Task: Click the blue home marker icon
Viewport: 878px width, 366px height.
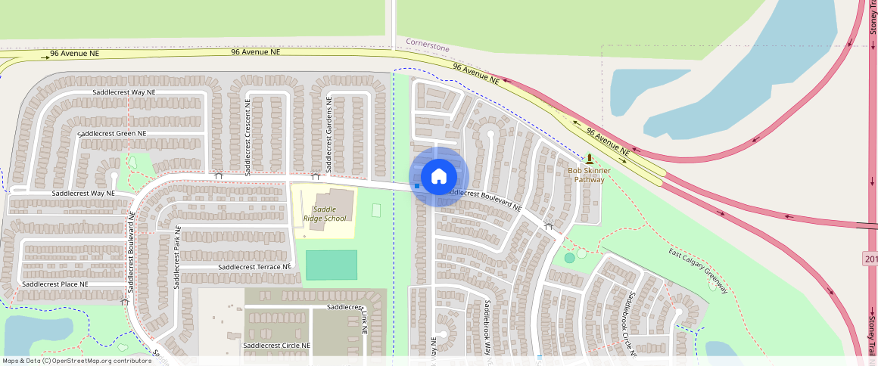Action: (x=438, y=177)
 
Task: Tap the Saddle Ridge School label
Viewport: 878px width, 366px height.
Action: (x=324, y=214)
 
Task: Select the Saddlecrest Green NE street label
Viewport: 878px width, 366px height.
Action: (x=112, y=133)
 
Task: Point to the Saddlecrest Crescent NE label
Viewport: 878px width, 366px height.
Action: (x=248, y=135)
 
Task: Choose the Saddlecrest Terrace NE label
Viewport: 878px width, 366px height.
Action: (x=254, y=267)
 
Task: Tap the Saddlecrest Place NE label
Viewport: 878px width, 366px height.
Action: (x=55, y=284)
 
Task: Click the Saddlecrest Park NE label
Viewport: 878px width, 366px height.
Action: (x=178, y=249)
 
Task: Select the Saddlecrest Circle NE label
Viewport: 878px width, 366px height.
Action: (x=276, y=345)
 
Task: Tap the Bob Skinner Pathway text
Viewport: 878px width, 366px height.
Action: (x=589, y=175)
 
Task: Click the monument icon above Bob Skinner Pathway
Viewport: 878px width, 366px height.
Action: (x=589, y=159)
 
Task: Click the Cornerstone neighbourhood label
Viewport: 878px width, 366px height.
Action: (x=427, y=45)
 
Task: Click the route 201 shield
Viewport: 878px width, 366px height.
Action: (x=870, y=259)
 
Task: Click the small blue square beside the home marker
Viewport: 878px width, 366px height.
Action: (x=417, y=185)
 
